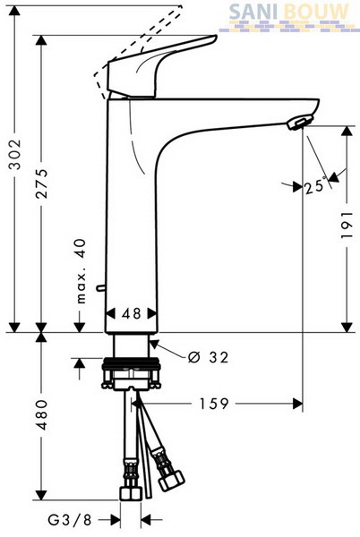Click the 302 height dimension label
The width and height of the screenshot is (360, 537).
coord(15,154)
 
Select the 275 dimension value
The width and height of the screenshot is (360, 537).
coord(42,183)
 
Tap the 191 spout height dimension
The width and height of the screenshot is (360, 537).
coord(347,225)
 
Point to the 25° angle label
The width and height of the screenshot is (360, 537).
coord(315,186)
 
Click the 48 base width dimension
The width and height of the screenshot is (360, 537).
coord(132,313)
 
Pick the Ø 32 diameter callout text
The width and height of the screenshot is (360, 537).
coord(209,357)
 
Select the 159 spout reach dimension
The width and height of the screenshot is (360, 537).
coord(214,404)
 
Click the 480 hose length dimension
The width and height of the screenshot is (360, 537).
coord(42,414)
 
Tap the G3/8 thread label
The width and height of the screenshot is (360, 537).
coord(70,521)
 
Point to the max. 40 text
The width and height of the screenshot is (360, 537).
coord(81,271)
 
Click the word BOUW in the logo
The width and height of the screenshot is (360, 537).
coord(316,12)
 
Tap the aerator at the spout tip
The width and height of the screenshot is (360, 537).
coord(300,123)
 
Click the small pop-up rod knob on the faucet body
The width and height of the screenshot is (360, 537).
coord(100,288)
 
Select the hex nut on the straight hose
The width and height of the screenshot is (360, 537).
coord(131,493)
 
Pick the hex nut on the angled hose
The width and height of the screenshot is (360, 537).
coord(171,480)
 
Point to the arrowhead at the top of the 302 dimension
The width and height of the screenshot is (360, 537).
coord(14,11)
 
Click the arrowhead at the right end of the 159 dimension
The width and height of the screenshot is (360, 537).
coord(297,404)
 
